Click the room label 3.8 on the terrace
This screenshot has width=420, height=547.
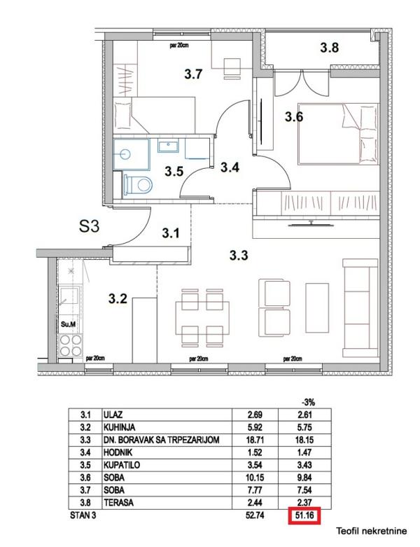(x=330, y=48)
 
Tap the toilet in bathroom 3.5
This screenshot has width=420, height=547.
(x=139, y=184)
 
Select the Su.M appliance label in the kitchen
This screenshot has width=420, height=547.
(x=68, y=324)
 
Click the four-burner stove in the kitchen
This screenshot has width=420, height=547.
(x=71, y=345)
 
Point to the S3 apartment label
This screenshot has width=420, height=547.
(x=89, y=226)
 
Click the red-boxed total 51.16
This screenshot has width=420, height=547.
(x=304, y=515)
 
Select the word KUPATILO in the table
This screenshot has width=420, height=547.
(x=122, y=465)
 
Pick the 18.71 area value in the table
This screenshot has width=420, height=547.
(x=255, y=440)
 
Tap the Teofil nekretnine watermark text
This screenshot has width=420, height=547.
(x=371, y=531)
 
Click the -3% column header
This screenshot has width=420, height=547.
(x=308, y=402)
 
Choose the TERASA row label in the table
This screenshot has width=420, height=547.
(x=118, y=503)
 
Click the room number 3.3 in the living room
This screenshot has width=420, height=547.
(x=239, y=256)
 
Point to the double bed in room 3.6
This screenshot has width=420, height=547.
(x=338, y=134)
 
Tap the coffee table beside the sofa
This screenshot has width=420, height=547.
(x=317, y=307)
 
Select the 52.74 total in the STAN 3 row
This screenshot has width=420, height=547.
(x=255, y=515)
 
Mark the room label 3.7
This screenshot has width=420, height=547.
(x=193, y=74)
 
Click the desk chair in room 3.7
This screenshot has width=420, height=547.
(x=232, y=69)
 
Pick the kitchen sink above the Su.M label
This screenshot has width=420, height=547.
(x=71, y=296)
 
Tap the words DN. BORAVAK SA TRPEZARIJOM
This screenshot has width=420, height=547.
(x=162, y=440)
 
